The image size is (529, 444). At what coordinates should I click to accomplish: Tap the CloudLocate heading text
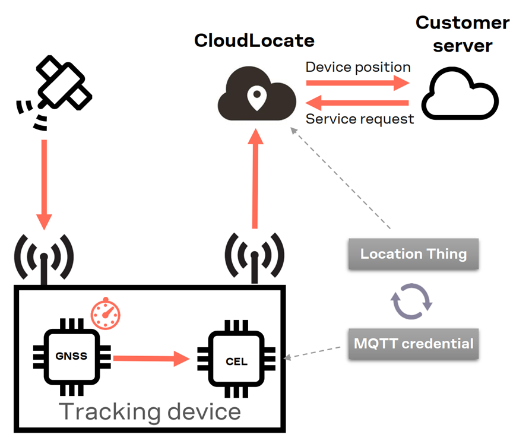[x=254, y=41]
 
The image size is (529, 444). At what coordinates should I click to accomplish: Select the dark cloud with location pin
[x=256, y=96]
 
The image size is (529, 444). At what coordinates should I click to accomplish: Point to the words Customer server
[x=462, y=34]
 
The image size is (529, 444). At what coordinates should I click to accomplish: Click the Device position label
[x=358, y=67]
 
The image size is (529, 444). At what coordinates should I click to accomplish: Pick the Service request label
[x=360, y=119]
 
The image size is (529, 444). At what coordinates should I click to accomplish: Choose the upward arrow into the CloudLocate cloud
[x=255, y=178]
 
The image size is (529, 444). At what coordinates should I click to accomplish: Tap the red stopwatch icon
[x=105, y=313]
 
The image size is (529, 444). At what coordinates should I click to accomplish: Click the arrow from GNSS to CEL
[x=151, y=358]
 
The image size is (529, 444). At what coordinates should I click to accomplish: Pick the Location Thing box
[x=413, y=255]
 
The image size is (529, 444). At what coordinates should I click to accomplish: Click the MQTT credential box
[x=413, y=343]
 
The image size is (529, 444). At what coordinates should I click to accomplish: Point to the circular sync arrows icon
[x=411, y=300]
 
